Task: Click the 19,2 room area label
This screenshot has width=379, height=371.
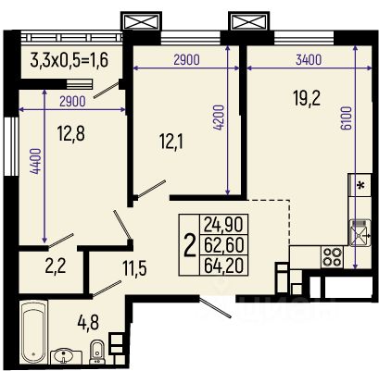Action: click(x=307, y=98)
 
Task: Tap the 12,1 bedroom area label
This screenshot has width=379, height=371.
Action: click(x=171, y=142)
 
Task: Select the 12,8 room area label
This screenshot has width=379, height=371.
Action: click(x=71, y=133)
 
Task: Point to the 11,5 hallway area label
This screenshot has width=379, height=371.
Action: click(x=134, y=268)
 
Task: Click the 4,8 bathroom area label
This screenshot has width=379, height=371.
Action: click(x=88, y=323)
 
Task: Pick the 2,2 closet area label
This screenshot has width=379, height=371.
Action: click(x=56, y=266)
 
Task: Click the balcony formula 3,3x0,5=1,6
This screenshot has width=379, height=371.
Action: click(x=69, y=60)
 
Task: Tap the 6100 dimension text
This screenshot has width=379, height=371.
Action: click(x=347, y=117)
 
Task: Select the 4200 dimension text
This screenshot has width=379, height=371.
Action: click(x=218, y=117)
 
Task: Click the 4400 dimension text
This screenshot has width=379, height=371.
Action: click(x=35, y=161)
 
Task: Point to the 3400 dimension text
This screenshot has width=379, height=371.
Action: click(x=309, y=60)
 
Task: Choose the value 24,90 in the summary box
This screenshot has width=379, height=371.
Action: click(x=224, y=224)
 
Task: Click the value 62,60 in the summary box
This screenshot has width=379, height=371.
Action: click(x=224, y=244)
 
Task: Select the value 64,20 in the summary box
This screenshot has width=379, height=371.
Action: click(x=224, y=266)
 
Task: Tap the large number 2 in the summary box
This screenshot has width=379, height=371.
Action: click(x=190, y=245)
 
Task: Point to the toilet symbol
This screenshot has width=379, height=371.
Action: click(x=96, y=352)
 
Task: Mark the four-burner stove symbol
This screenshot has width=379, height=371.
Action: click(x=332, y=257)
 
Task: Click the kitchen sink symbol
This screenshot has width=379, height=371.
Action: click(x=360, y=233)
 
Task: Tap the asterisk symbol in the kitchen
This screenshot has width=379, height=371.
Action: click(x=360, y=185)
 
